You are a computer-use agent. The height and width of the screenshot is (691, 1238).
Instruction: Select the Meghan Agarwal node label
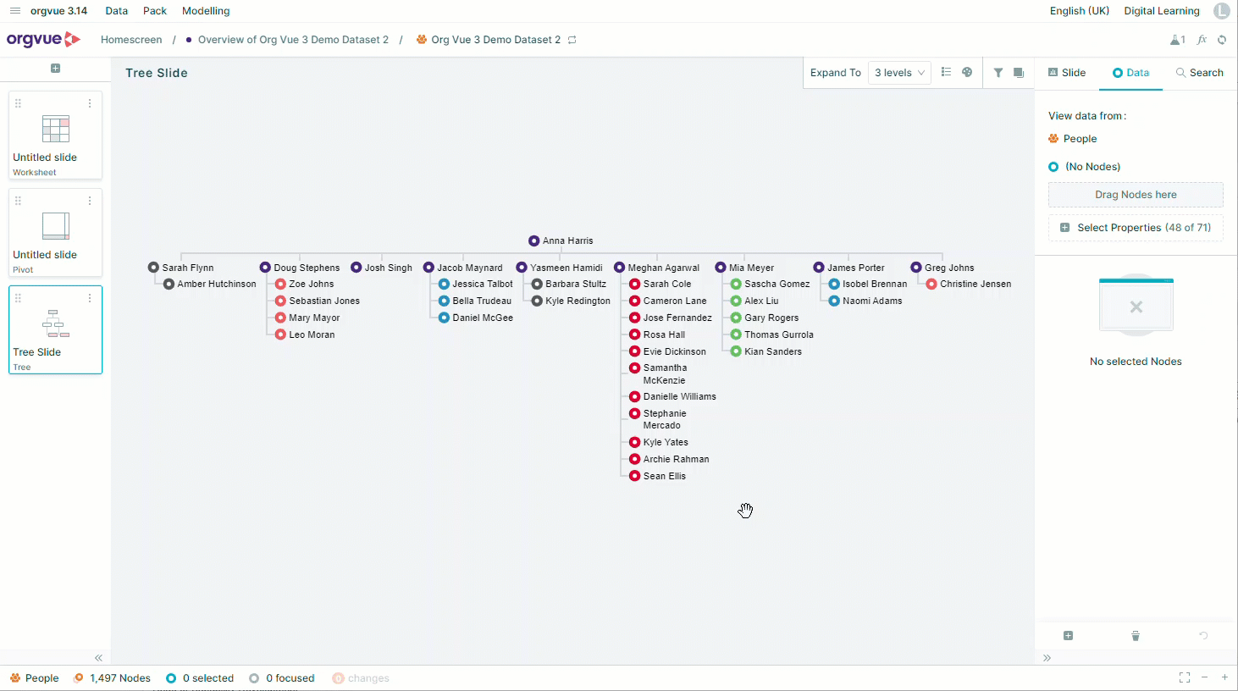click(663, 268)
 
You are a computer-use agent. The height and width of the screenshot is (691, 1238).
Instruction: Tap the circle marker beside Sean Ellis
click(634, 476)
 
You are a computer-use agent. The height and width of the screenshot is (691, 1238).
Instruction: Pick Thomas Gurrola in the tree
click(779, 334)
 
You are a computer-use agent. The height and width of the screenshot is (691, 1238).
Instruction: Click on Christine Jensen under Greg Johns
click(975, 284)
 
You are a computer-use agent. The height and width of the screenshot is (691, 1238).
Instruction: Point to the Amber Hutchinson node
click(217, 284)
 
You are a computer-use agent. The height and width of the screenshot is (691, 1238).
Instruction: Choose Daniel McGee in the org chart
click(483, 318)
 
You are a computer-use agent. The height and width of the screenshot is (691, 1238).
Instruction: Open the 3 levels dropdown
click(899, 73)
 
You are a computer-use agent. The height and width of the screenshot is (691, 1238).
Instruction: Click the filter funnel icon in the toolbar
click(998, 73)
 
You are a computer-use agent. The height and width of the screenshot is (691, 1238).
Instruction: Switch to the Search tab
click(1199, 73)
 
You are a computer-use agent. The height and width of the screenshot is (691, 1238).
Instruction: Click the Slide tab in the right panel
click(1067, 73)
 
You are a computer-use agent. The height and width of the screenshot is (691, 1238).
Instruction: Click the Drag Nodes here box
click(1136, 195)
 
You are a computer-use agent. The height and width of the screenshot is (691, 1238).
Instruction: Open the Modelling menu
click(206, 11)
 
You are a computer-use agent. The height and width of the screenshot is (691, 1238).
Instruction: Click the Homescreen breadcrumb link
click(131, 40)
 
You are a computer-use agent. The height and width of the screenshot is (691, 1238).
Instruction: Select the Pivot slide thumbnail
click(55, 232)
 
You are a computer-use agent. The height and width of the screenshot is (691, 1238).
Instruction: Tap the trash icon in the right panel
click(1136, 636)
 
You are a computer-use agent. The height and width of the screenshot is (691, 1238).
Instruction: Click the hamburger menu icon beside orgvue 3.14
click(15, 11)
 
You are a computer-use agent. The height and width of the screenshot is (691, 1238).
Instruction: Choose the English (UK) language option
click(1080, 11)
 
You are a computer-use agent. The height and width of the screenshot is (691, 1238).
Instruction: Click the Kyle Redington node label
click(578, 301)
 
